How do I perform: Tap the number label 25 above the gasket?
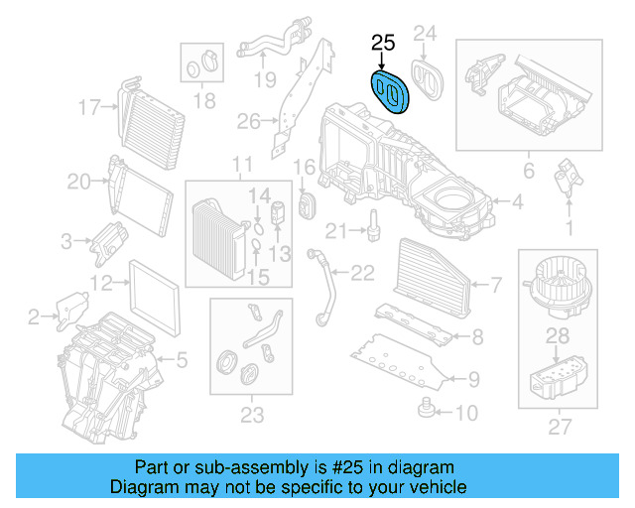click(x=383, y=43)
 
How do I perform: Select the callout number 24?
click(x=425, y=35)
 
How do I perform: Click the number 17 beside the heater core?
click(x=90, y=106)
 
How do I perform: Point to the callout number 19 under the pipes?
click(x=263, y=79)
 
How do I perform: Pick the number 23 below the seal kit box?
click(x=250, y=413)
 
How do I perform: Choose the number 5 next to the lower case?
click(x=181, y=358)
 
